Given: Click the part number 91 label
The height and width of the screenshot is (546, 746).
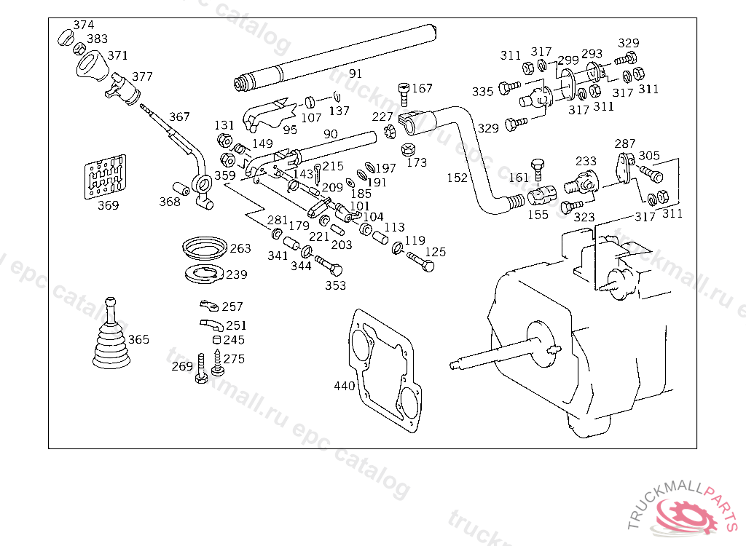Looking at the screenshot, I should click(x=355, y=74).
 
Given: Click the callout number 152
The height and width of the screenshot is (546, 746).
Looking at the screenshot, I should click(x=457, y=178).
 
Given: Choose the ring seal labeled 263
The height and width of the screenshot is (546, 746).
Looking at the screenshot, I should click(x=203, y=248).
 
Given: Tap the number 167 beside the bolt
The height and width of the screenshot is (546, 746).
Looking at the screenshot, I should click(x=423, y=89).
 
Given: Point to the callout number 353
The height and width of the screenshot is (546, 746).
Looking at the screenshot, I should click(x=335, y=285).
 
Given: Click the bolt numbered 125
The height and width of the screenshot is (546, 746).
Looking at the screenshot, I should click(x=421, y=260).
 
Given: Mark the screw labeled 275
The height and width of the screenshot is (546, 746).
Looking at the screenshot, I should click(x=218, y=365).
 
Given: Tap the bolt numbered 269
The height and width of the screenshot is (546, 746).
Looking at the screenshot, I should click(x=201, y=371).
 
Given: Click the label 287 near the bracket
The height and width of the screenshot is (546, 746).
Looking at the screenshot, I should click(x=625, y=143).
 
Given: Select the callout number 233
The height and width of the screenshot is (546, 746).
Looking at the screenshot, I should click(x=586, y=161).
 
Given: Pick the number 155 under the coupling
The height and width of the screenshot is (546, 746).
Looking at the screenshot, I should click(x=538, y=215).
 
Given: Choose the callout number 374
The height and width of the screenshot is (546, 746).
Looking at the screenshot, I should click(x=83, y=25).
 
